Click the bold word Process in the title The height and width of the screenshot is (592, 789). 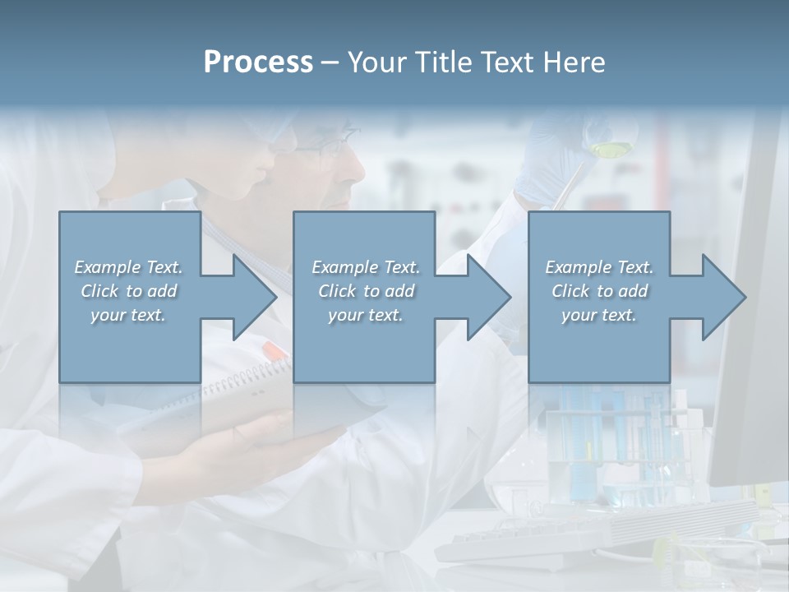(x=258, y=62)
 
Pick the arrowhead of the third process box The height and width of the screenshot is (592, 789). (x=722, y=297)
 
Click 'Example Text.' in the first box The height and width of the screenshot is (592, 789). (x=128, y=267)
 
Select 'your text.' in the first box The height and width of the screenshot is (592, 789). (x=128, y=315)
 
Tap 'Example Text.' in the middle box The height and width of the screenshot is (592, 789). (x=365, y=267)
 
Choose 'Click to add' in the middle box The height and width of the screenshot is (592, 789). (x=365, y=291)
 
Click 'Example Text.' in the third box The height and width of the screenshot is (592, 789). (x=599, y=267)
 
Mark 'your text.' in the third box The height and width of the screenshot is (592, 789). (x=599, y=315)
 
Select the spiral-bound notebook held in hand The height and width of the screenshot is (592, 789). (x=247, y=403)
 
